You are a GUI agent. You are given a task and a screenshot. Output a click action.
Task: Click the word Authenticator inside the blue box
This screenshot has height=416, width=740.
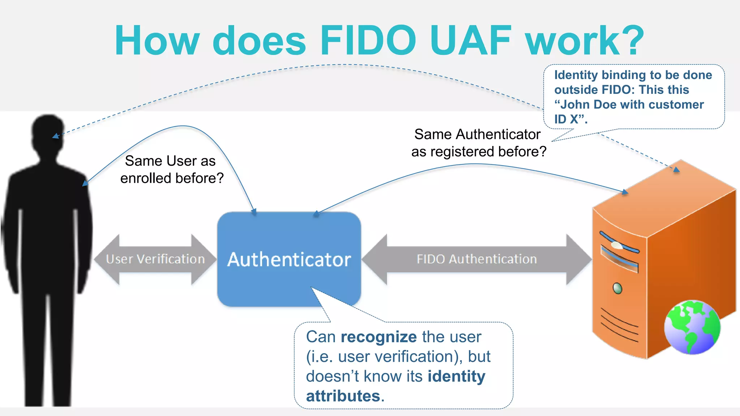coord(289,259)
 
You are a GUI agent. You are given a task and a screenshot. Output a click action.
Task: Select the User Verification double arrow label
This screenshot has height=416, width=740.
coord(155,259)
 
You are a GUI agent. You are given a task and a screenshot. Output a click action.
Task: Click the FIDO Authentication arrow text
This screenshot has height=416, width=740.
coord(477,259)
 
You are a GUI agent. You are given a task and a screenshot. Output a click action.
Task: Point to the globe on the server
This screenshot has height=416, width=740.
coord(692,327)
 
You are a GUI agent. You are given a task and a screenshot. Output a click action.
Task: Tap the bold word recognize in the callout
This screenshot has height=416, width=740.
coord(379,337)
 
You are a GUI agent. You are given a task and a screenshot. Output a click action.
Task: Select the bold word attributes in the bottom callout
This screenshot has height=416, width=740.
coord(343,396)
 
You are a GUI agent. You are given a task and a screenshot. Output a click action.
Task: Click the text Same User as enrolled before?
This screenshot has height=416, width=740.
coord(172,169)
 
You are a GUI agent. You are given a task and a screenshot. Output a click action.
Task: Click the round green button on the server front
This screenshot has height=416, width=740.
coord(618,288)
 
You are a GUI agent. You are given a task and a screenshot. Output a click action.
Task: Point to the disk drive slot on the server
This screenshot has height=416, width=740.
coord(619,259)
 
